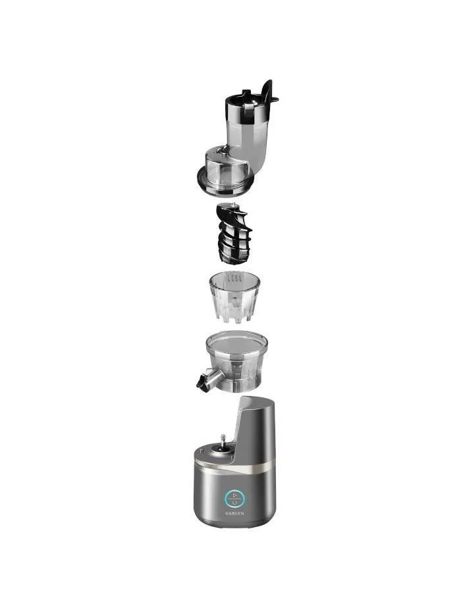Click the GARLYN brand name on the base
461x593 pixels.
pyautogui.click(x=234, y=513)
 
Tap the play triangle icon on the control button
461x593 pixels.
pyautogui.click(x=234, y=495)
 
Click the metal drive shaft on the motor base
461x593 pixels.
pyautogui.click(x=223, y=440)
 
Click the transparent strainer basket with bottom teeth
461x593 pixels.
pyautogui.click(x=234, y=297)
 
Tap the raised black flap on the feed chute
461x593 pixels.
pyautogui.click(x=269, y=91)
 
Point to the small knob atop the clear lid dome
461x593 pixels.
pyautogui.click(x=224, y=152)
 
